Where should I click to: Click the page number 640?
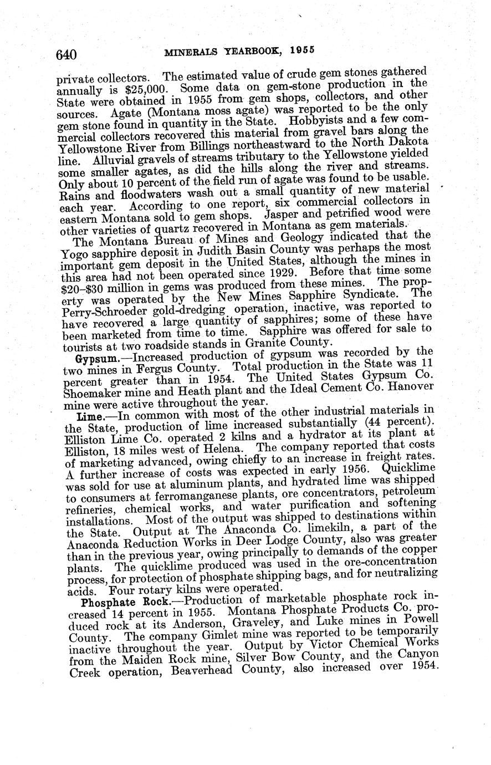[x=65, y=54]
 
